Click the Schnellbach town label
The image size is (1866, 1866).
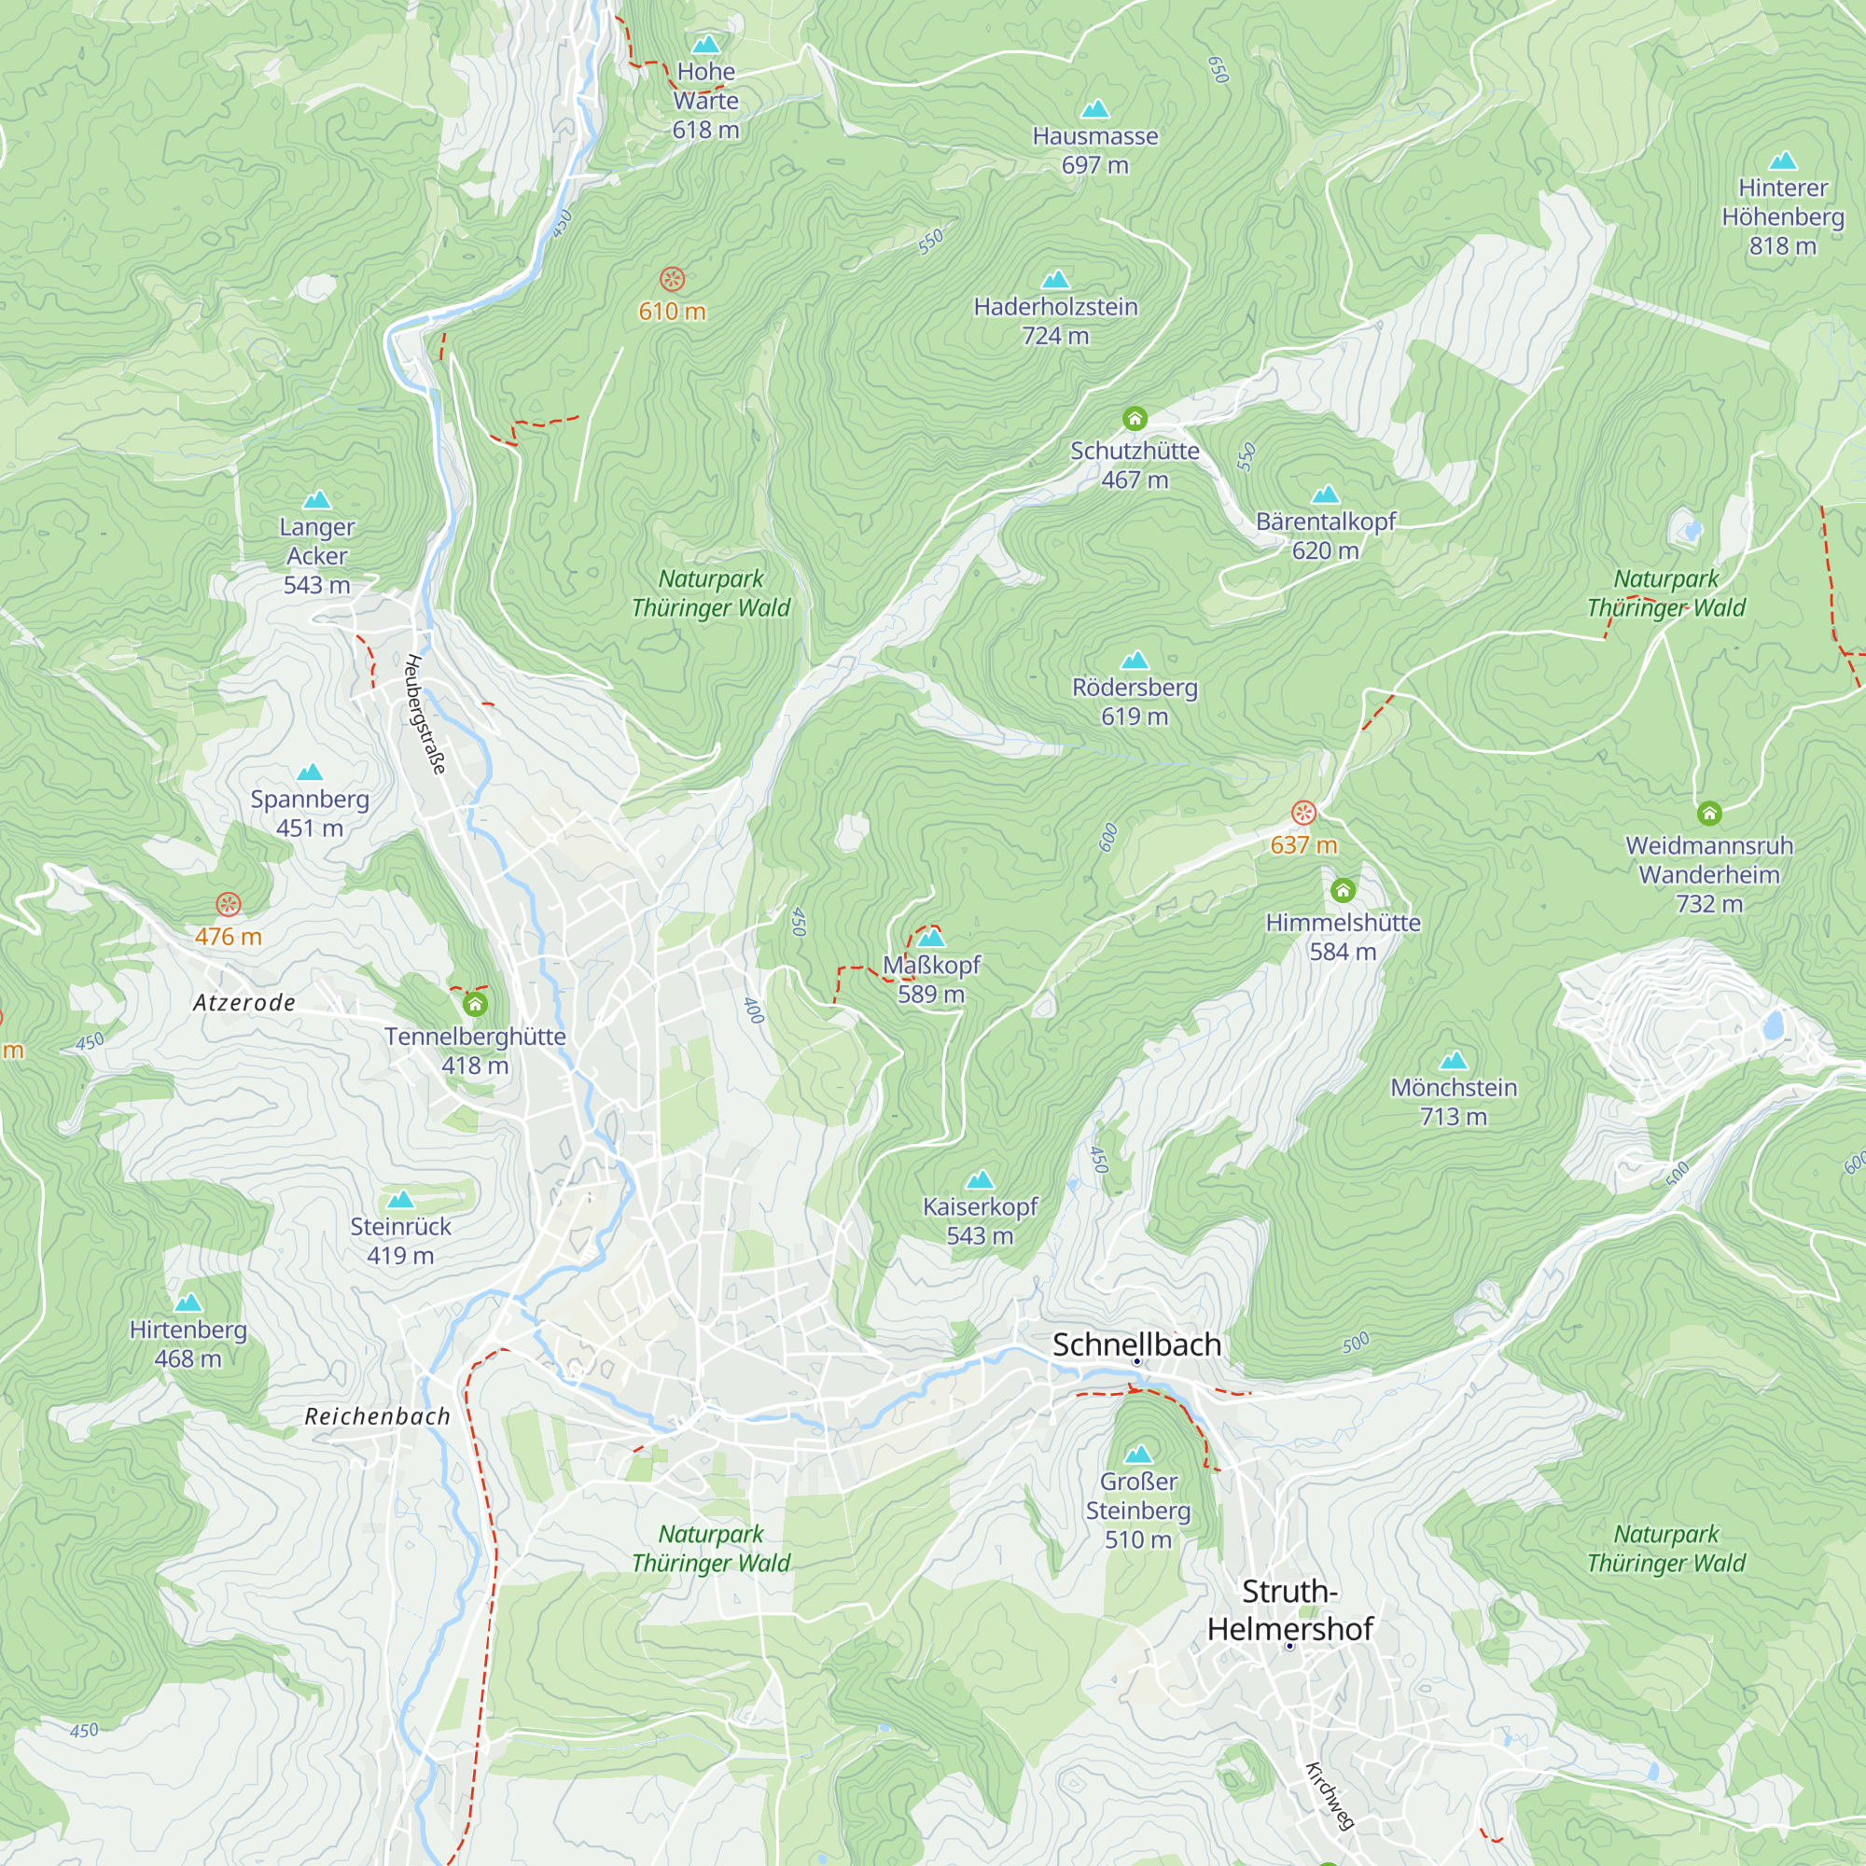coord(1135,1344)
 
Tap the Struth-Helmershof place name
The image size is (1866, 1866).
coord(1289,1610)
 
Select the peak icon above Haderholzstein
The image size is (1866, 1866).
coord(1054,280)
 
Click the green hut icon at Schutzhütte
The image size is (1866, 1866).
coord(1135,418)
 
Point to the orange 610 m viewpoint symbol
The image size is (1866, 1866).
coord(672,279)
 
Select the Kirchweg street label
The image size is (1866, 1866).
coord(1329,1795)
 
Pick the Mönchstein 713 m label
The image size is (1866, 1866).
coord(1453,1101)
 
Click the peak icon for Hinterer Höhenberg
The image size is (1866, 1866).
coord(1782,160)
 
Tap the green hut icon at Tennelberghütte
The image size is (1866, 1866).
coord(474,1005)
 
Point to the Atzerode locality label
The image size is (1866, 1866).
coord(244,1003)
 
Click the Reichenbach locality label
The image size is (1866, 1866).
coord(378,1416)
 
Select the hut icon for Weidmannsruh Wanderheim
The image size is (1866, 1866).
coord(1708,814)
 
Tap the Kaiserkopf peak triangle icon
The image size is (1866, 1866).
coord(980,1179)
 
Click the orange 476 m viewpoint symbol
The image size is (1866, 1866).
coord(228,904)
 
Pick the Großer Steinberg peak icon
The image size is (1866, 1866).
coord(1137,1455)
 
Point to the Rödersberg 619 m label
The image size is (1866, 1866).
coord(1134,702)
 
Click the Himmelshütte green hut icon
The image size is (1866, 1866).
coord(1343,889)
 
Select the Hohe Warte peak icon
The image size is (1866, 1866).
coord(706,45)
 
